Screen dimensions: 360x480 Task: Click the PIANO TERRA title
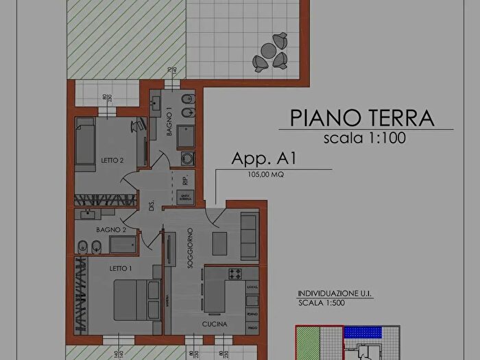click(x=363, y=117)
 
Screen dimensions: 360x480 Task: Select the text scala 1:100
click(x=365, y=138)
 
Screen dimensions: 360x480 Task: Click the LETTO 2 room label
click(x=111, y=160)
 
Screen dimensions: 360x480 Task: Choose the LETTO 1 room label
click(x=121, y=269)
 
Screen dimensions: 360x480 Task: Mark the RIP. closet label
click(x=185, y=181)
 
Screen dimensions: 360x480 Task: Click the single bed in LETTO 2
click(x=84, y=144)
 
